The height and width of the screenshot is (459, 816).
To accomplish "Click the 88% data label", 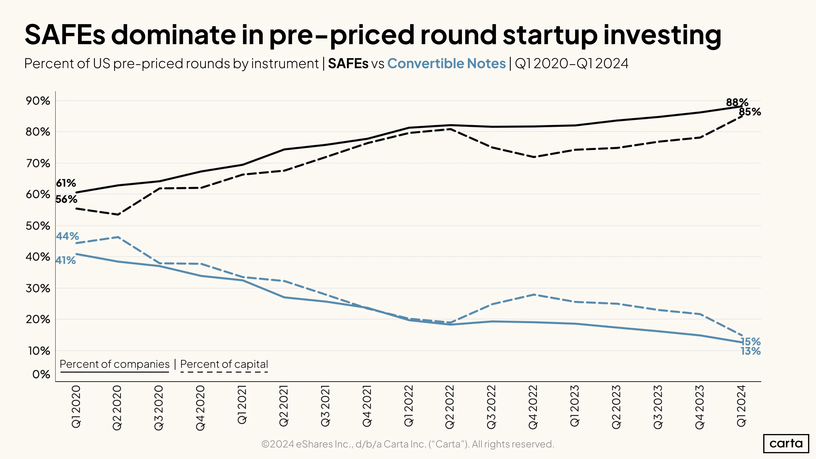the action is coord(737,102).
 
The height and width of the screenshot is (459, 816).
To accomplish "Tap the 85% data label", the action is coord(750,112).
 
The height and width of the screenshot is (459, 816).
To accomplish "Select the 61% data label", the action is coord(66,183).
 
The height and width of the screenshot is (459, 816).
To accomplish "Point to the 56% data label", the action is coord(66,199).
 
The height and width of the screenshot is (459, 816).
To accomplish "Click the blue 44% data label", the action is coord(67,236).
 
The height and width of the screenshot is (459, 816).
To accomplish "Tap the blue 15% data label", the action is coord(750,341).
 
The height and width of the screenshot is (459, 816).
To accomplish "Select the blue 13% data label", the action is coord(750,351).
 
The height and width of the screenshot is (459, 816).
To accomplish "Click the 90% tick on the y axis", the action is coord(38,101).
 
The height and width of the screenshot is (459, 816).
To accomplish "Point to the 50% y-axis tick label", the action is coord(38,226).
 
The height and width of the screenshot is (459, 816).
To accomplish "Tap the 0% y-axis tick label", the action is coord(41,374).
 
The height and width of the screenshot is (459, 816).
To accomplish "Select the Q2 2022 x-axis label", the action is coord(450,407).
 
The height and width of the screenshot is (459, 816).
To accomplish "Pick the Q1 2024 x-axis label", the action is coord(741,406).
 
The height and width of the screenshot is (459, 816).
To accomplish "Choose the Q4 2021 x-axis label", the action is coord(367,406).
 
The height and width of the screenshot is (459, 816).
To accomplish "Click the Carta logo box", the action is coord(786,443).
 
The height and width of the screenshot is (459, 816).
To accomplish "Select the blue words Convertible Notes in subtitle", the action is coord(446,63).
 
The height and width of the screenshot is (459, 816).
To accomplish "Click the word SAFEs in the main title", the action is coord(65,35).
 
